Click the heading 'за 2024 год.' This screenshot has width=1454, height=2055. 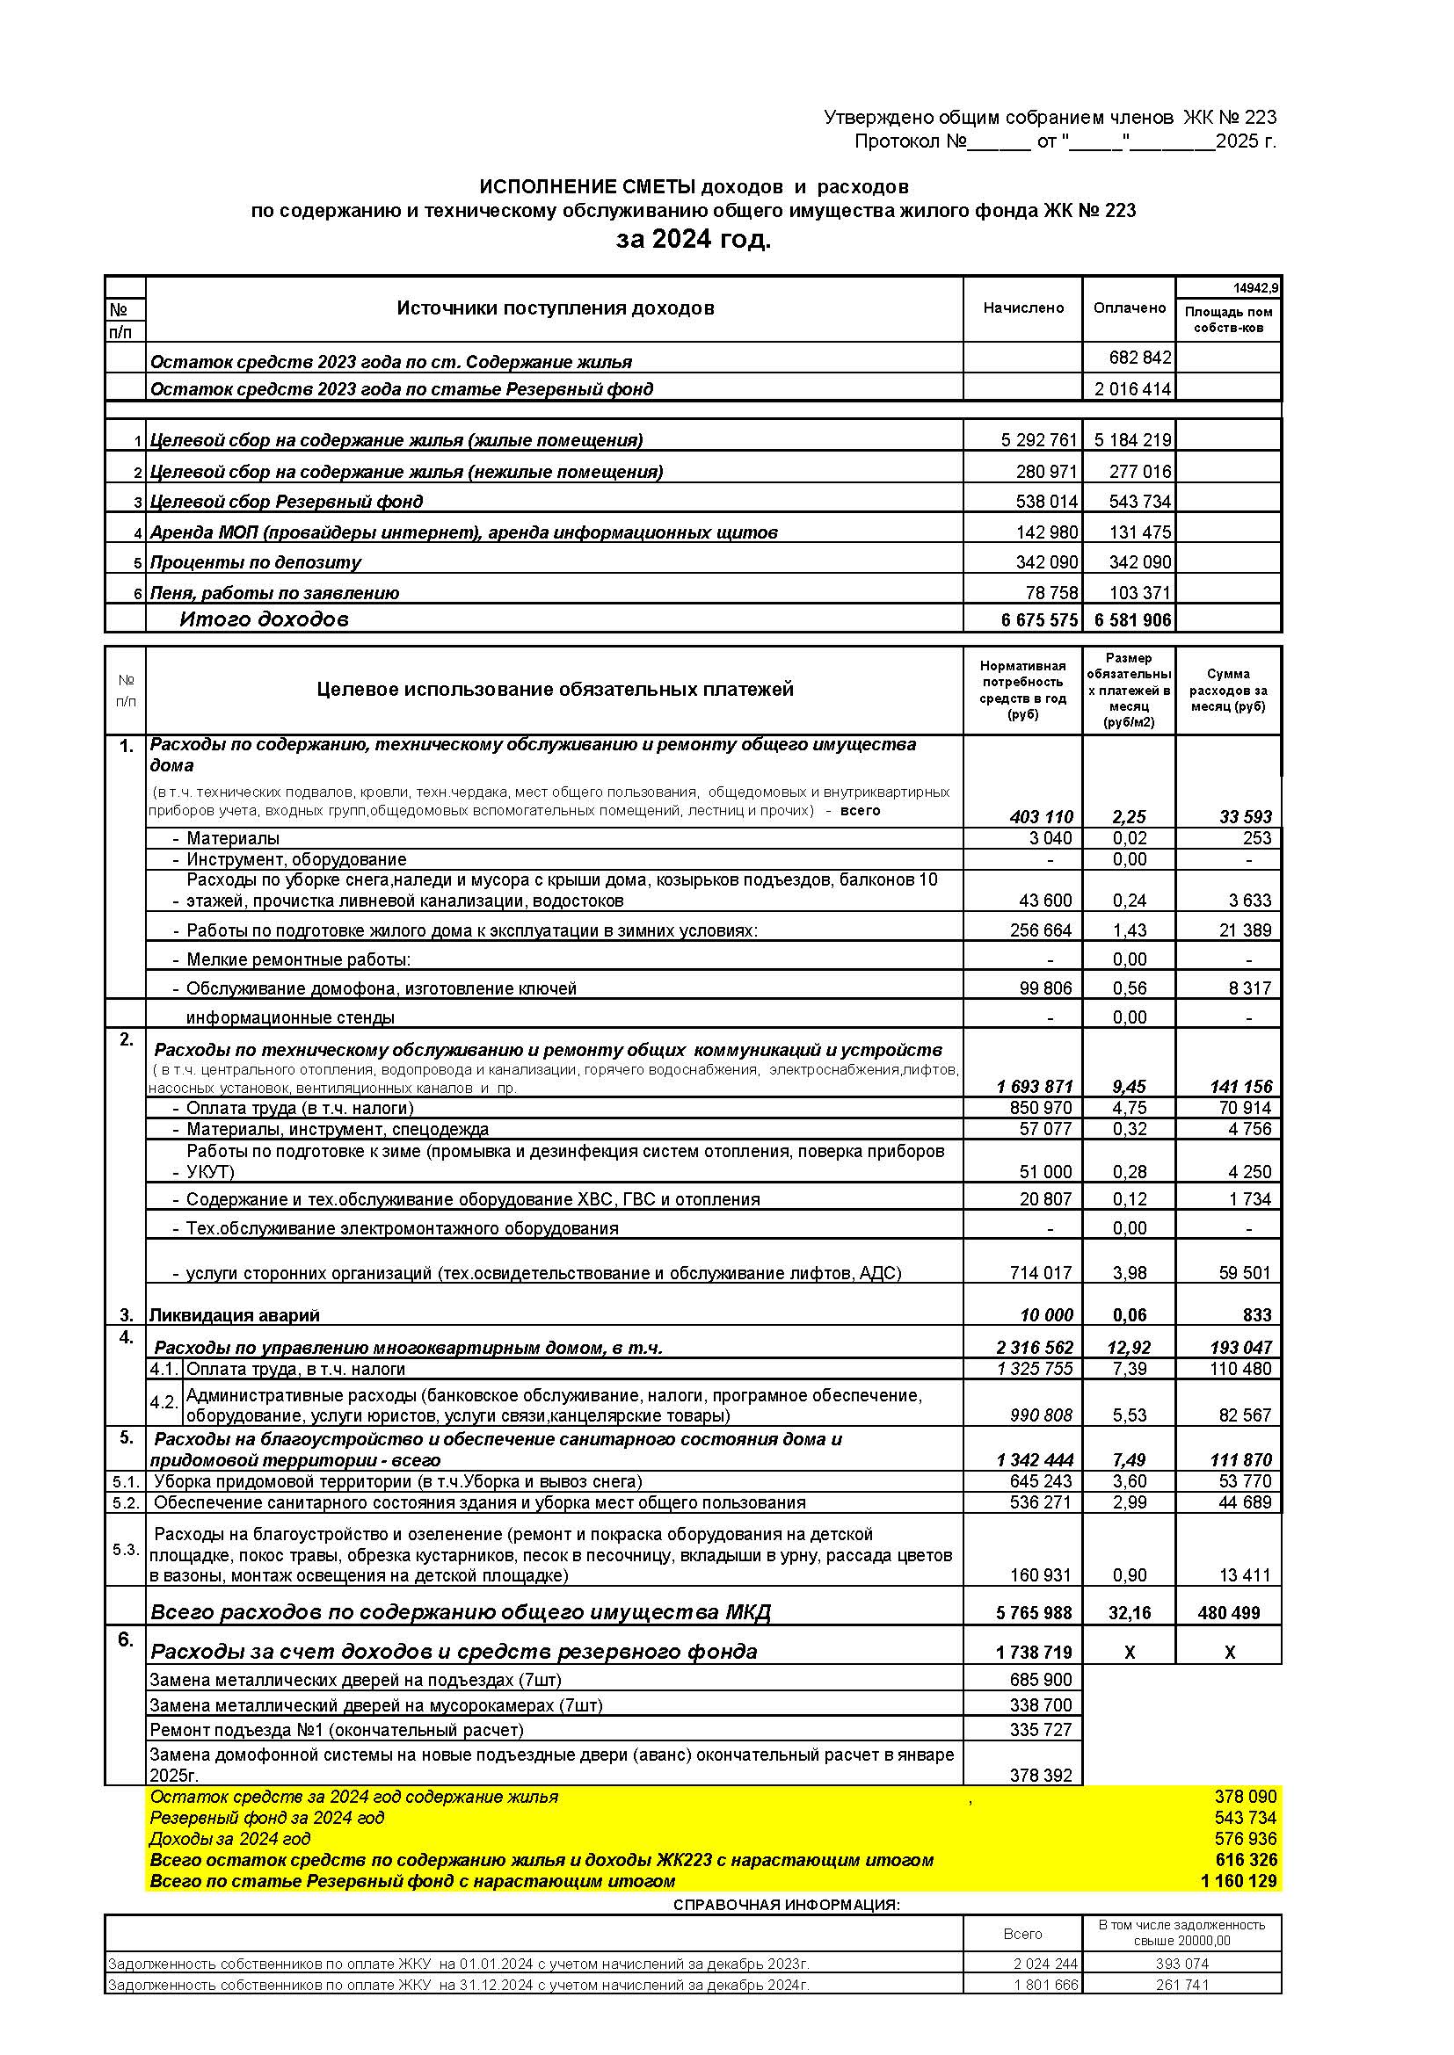tap(693, 240)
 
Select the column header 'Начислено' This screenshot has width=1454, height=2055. tap(1022, 308)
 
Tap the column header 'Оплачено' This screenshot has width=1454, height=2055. tap(1129, 308)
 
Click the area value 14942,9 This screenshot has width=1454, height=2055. tap(1255, 288)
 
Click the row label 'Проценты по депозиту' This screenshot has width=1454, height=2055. tap(255, 562)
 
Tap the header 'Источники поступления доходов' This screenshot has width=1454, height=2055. tap(555, 308)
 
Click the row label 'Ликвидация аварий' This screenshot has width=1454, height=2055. tap(234, 1315)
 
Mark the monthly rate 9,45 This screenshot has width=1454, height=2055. tap(1129, 1087)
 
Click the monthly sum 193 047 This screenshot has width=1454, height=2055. tap(1241, 1347)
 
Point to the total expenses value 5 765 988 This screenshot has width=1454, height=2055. tap(1033, 1613)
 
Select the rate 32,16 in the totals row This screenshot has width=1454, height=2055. tap(1129, 1613)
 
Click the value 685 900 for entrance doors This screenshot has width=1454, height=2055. tap(1040, 1679)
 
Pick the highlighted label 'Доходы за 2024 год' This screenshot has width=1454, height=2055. tap(230, 1838)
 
